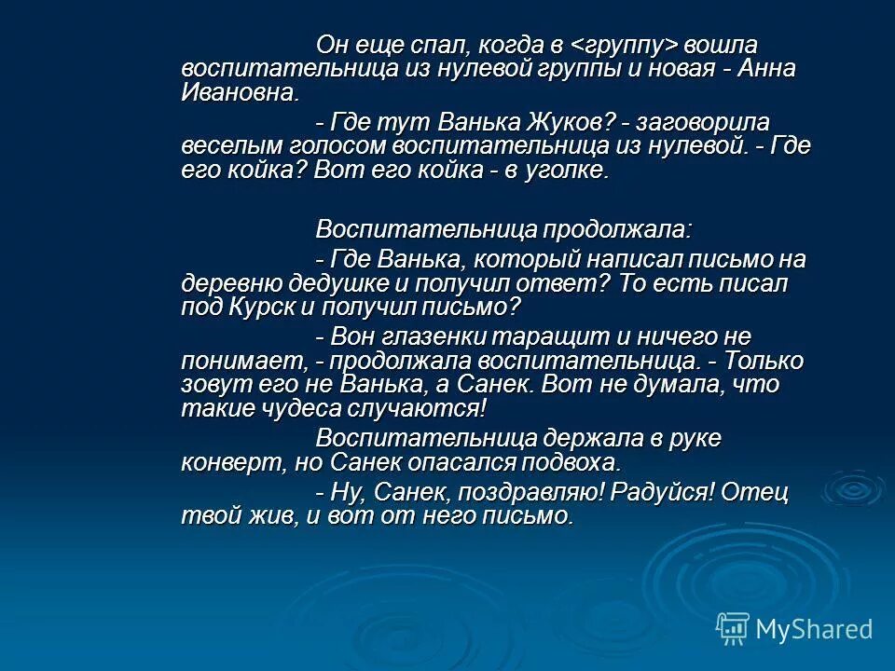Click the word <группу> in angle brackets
tap(625, 45)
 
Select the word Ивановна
tap(241, 92)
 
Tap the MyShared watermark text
tap(813, 629)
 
